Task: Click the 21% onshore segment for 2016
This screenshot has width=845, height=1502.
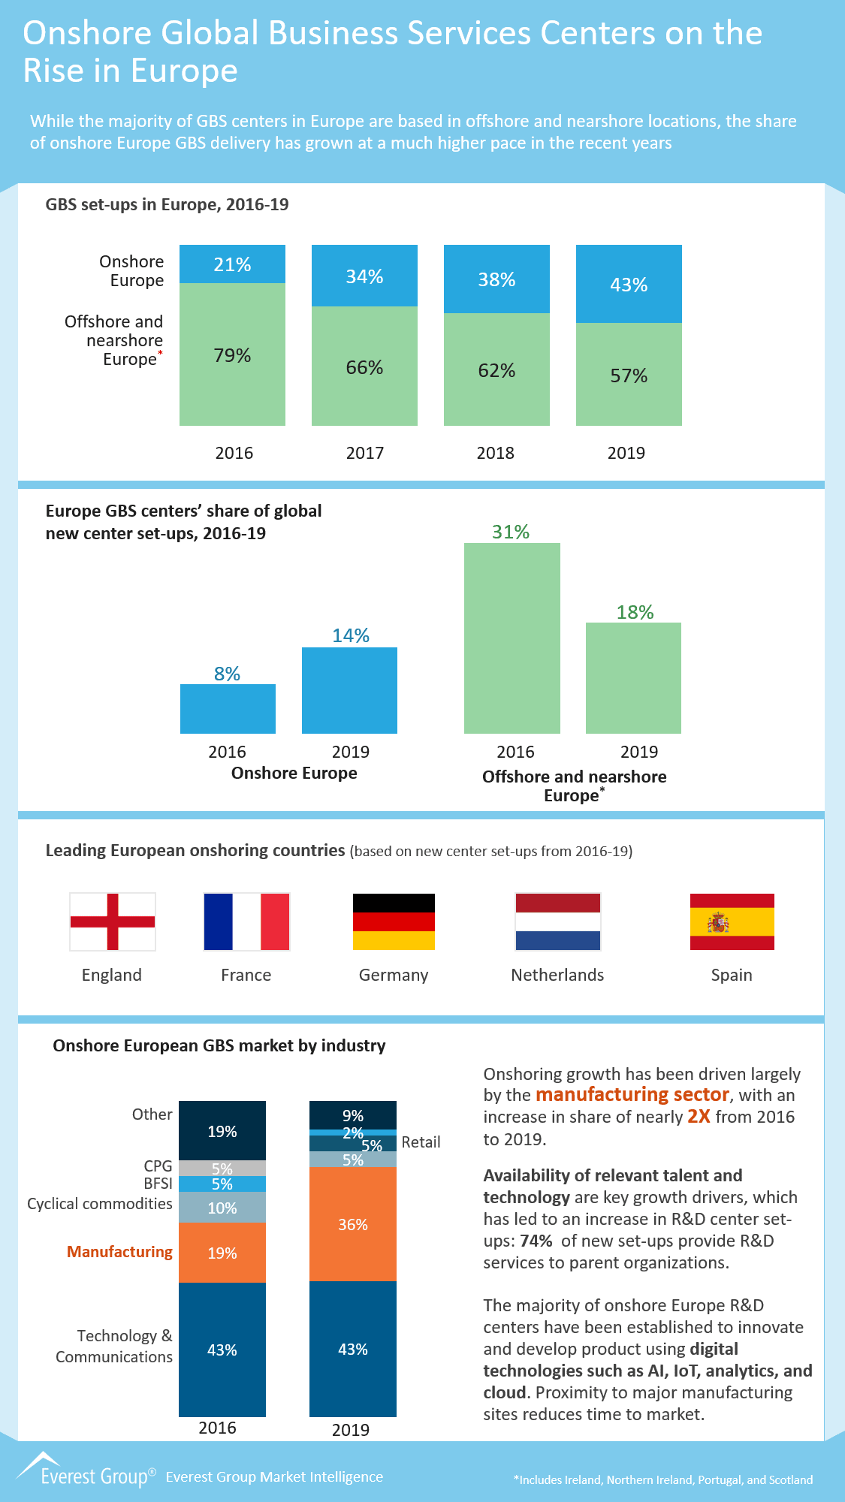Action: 232,264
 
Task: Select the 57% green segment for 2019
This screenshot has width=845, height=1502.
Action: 629,375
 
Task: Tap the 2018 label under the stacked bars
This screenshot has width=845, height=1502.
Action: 495,453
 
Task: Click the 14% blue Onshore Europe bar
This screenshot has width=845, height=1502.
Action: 349,690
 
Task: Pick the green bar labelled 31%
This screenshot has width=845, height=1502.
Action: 512,638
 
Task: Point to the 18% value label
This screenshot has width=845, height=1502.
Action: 635,612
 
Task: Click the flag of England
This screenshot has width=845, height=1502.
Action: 113,921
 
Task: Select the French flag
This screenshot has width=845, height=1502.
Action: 246,921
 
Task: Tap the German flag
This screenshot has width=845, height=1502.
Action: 394,921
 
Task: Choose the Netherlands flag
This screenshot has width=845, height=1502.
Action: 557,921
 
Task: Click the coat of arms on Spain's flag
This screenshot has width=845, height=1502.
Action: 718,922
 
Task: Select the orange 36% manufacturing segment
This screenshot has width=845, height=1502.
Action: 352,1224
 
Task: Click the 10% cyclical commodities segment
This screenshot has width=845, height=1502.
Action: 222,1208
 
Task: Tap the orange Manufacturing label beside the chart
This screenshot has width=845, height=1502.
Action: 119,1252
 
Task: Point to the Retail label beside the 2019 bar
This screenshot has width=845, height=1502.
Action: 421,1142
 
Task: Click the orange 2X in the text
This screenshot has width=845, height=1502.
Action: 699,1117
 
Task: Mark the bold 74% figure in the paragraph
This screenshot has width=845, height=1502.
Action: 536,1241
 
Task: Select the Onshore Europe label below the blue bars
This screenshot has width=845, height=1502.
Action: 294,773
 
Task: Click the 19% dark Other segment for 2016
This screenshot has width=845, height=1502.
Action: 222,1131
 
